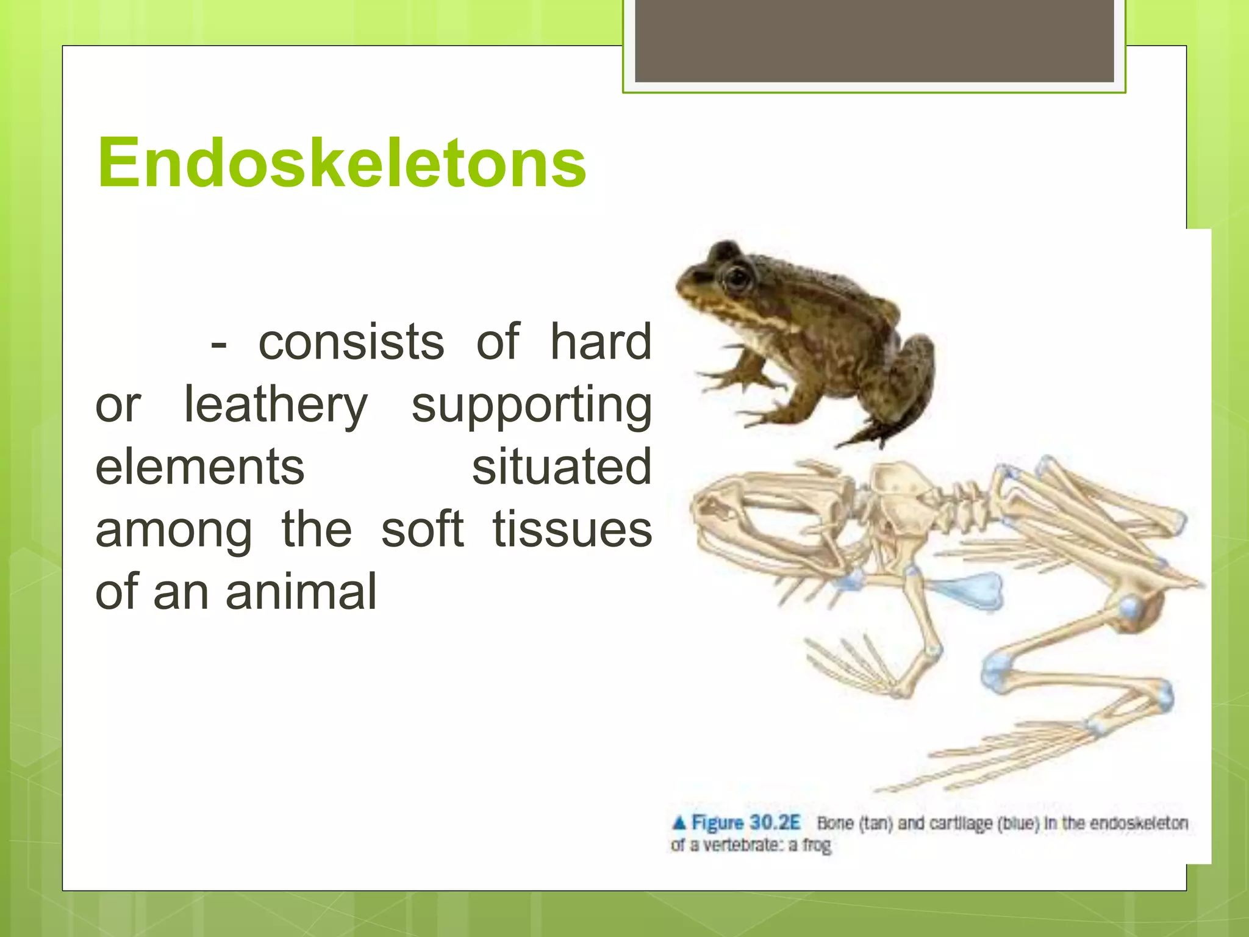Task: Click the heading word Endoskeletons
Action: pos(342,163)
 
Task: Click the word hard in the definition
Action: pos(601,342)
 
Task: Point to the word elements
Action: pos(199,467)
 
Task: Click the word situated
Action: pos(562,467)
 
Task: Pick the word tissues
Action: pos(572,530)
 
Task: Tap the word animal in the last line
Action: pos(301,592)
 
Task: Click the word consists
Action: pos(351,342)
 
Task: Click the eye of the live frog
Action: pos(737,278)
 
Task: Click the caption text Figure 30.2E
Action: pos(745,823)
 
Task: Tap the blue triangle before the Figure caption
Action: pos(679,823)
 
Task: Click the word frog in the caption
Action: pos(817,846)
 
